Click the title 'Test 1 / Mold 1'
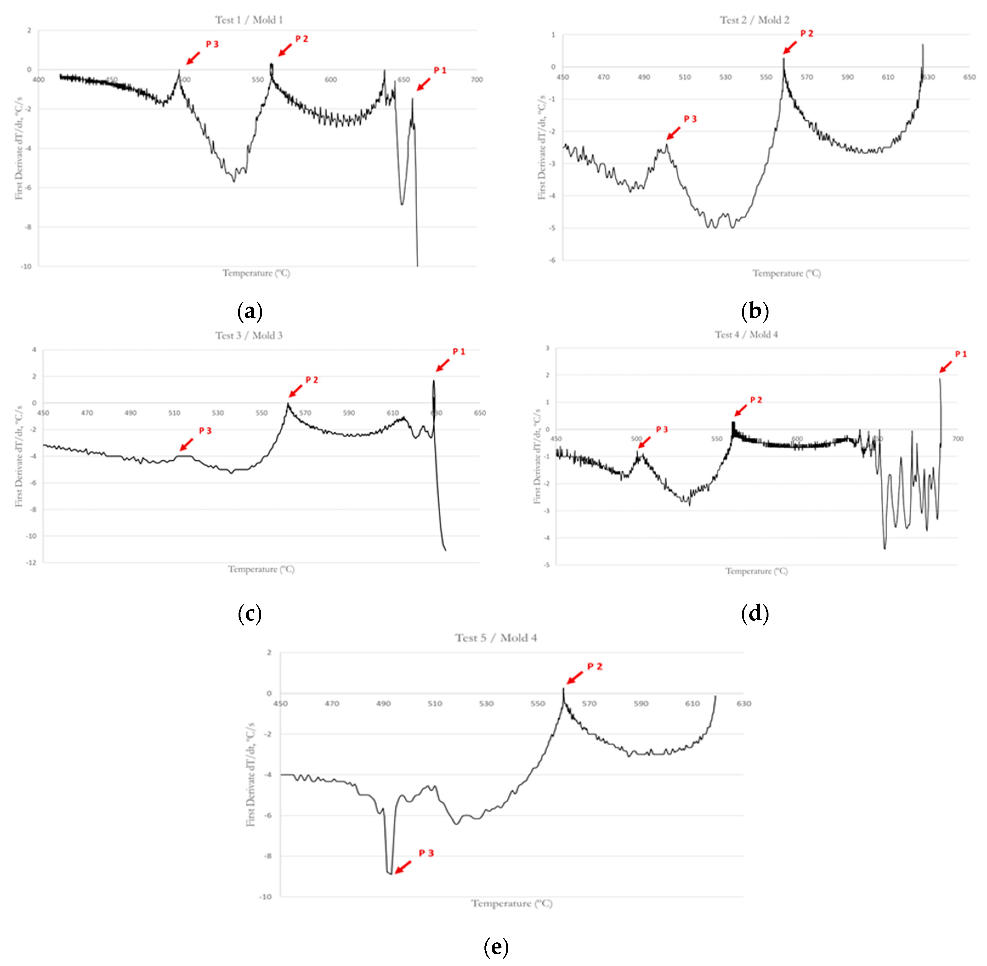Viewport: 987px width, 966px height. tap(248, 20)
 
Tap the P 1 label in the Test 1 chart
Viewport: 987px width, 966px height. tap(440, 70)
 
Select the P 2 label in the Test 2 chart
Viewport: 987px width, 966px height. tap(806, 33)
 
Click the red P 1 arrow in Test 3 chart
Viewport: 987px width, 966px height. tap(442, 365)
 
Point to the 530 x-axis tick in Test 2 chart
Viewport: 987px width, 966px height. tap(725, 77)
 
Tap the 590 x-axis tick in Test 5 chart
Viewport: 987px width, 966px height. tap(640, 704)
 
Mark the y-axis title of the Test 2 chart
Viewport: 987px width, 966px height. tap(542, 147)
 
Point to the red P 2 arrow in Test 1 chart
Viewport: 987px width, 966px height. tap(285, 49)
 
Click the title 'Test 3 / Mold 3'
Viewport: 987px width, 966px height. tap(248, 335)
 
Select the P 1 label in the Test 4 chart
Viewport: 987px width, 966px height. tap(961, 354)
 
